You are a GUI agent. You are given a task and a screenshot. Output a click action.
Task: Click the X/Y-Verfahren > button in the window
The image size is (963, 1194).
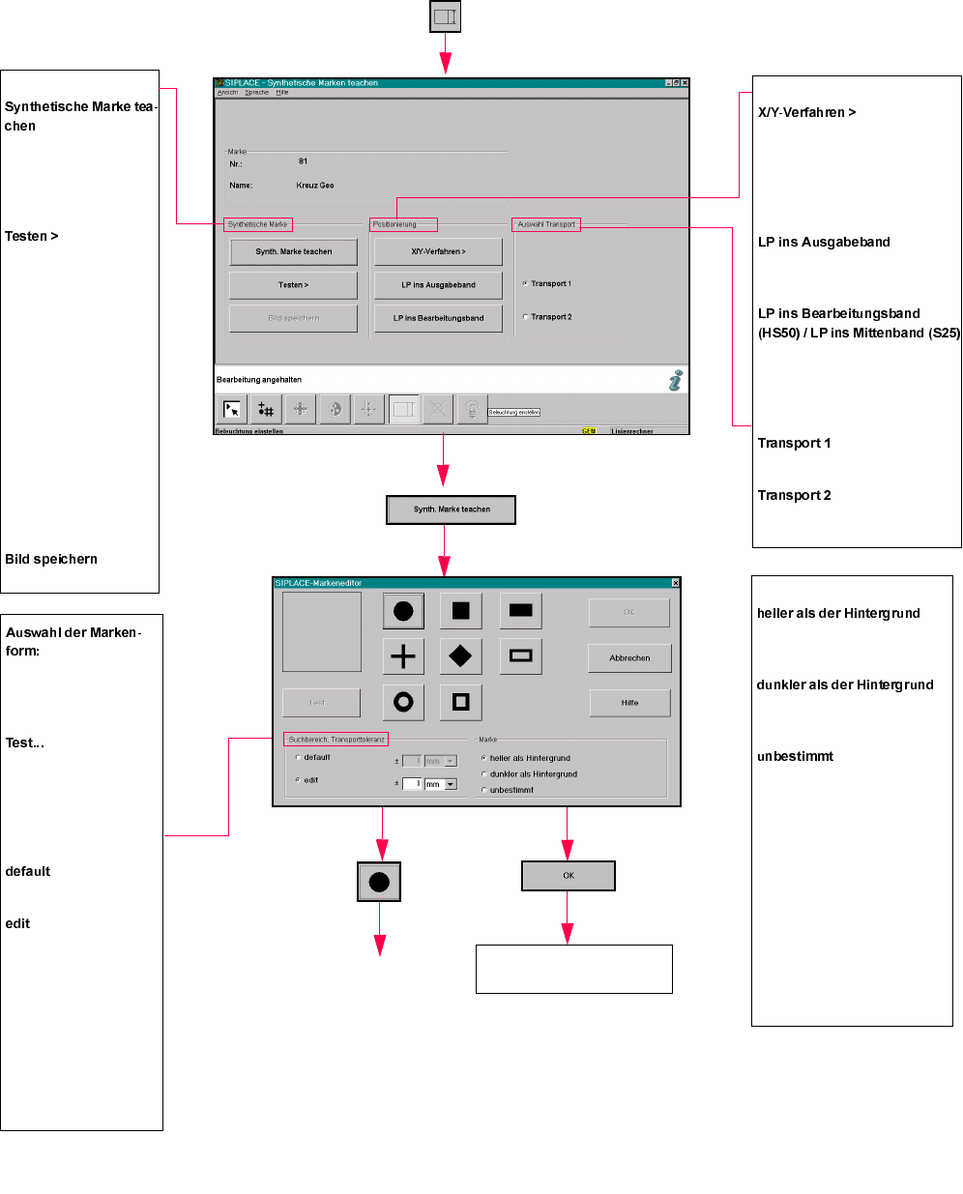point(438,251)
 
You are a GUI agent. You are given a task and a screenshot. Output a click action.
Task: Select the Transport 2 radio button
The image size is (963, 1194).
point(526,317)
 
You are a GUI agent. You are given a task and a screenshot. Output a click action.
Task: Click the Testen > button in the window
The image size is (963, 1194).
point(293,285)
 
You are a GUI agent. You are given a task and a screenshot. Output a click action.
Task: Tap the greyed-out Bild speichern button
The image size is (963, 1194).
point(293,318)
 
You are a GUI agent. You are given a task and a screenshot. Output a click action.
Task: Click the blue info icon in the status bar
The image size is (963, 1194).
point(675,380)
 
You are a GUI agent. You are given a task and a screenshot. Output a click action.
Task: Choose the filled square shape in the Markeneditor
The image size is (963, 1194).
point(460,611)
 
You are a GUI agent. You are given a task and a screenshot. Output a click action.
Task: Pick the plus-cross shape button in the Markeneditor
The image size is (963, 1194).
point(403,656)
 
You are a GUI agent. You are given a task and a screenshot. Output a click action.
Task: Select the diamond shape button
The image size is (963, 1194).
point(460,656)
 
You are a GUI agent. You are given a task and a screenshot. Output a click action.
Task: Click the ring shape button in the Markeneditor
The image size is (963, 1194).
point(403,702)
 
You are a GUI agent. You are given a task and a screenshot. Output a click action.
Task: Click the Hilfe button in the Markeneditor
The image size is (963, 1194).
point(629,703)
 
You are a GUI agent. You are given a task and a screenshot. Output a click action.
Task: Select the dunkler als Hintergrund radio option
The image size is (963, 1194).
point(484,774)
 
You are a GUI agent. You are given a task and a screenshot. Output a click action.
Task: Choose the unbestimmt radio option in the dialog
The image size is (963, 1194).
point(484,790)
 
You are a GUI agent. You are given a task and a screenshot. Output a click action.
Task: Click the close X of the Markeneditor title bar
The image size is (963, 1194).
point(675,583)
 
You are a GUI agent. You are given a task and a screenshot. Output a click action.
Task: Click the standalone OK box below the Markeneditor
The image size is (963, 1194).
point(569,876)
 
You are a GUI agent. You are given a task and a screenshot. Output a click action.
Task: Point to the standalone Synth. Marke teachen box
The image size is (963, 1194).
point(452,510)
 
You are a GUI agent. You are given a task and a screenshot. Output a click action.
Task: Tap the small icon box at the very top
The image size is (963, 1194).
point(445,16)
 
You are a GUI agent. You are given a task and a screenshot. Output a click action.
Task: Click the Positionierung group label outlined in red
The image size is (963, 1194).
point(403,224)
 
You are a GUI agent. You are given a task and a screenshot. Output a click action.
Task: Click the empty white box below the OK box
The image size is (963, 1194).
point(573,969)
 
